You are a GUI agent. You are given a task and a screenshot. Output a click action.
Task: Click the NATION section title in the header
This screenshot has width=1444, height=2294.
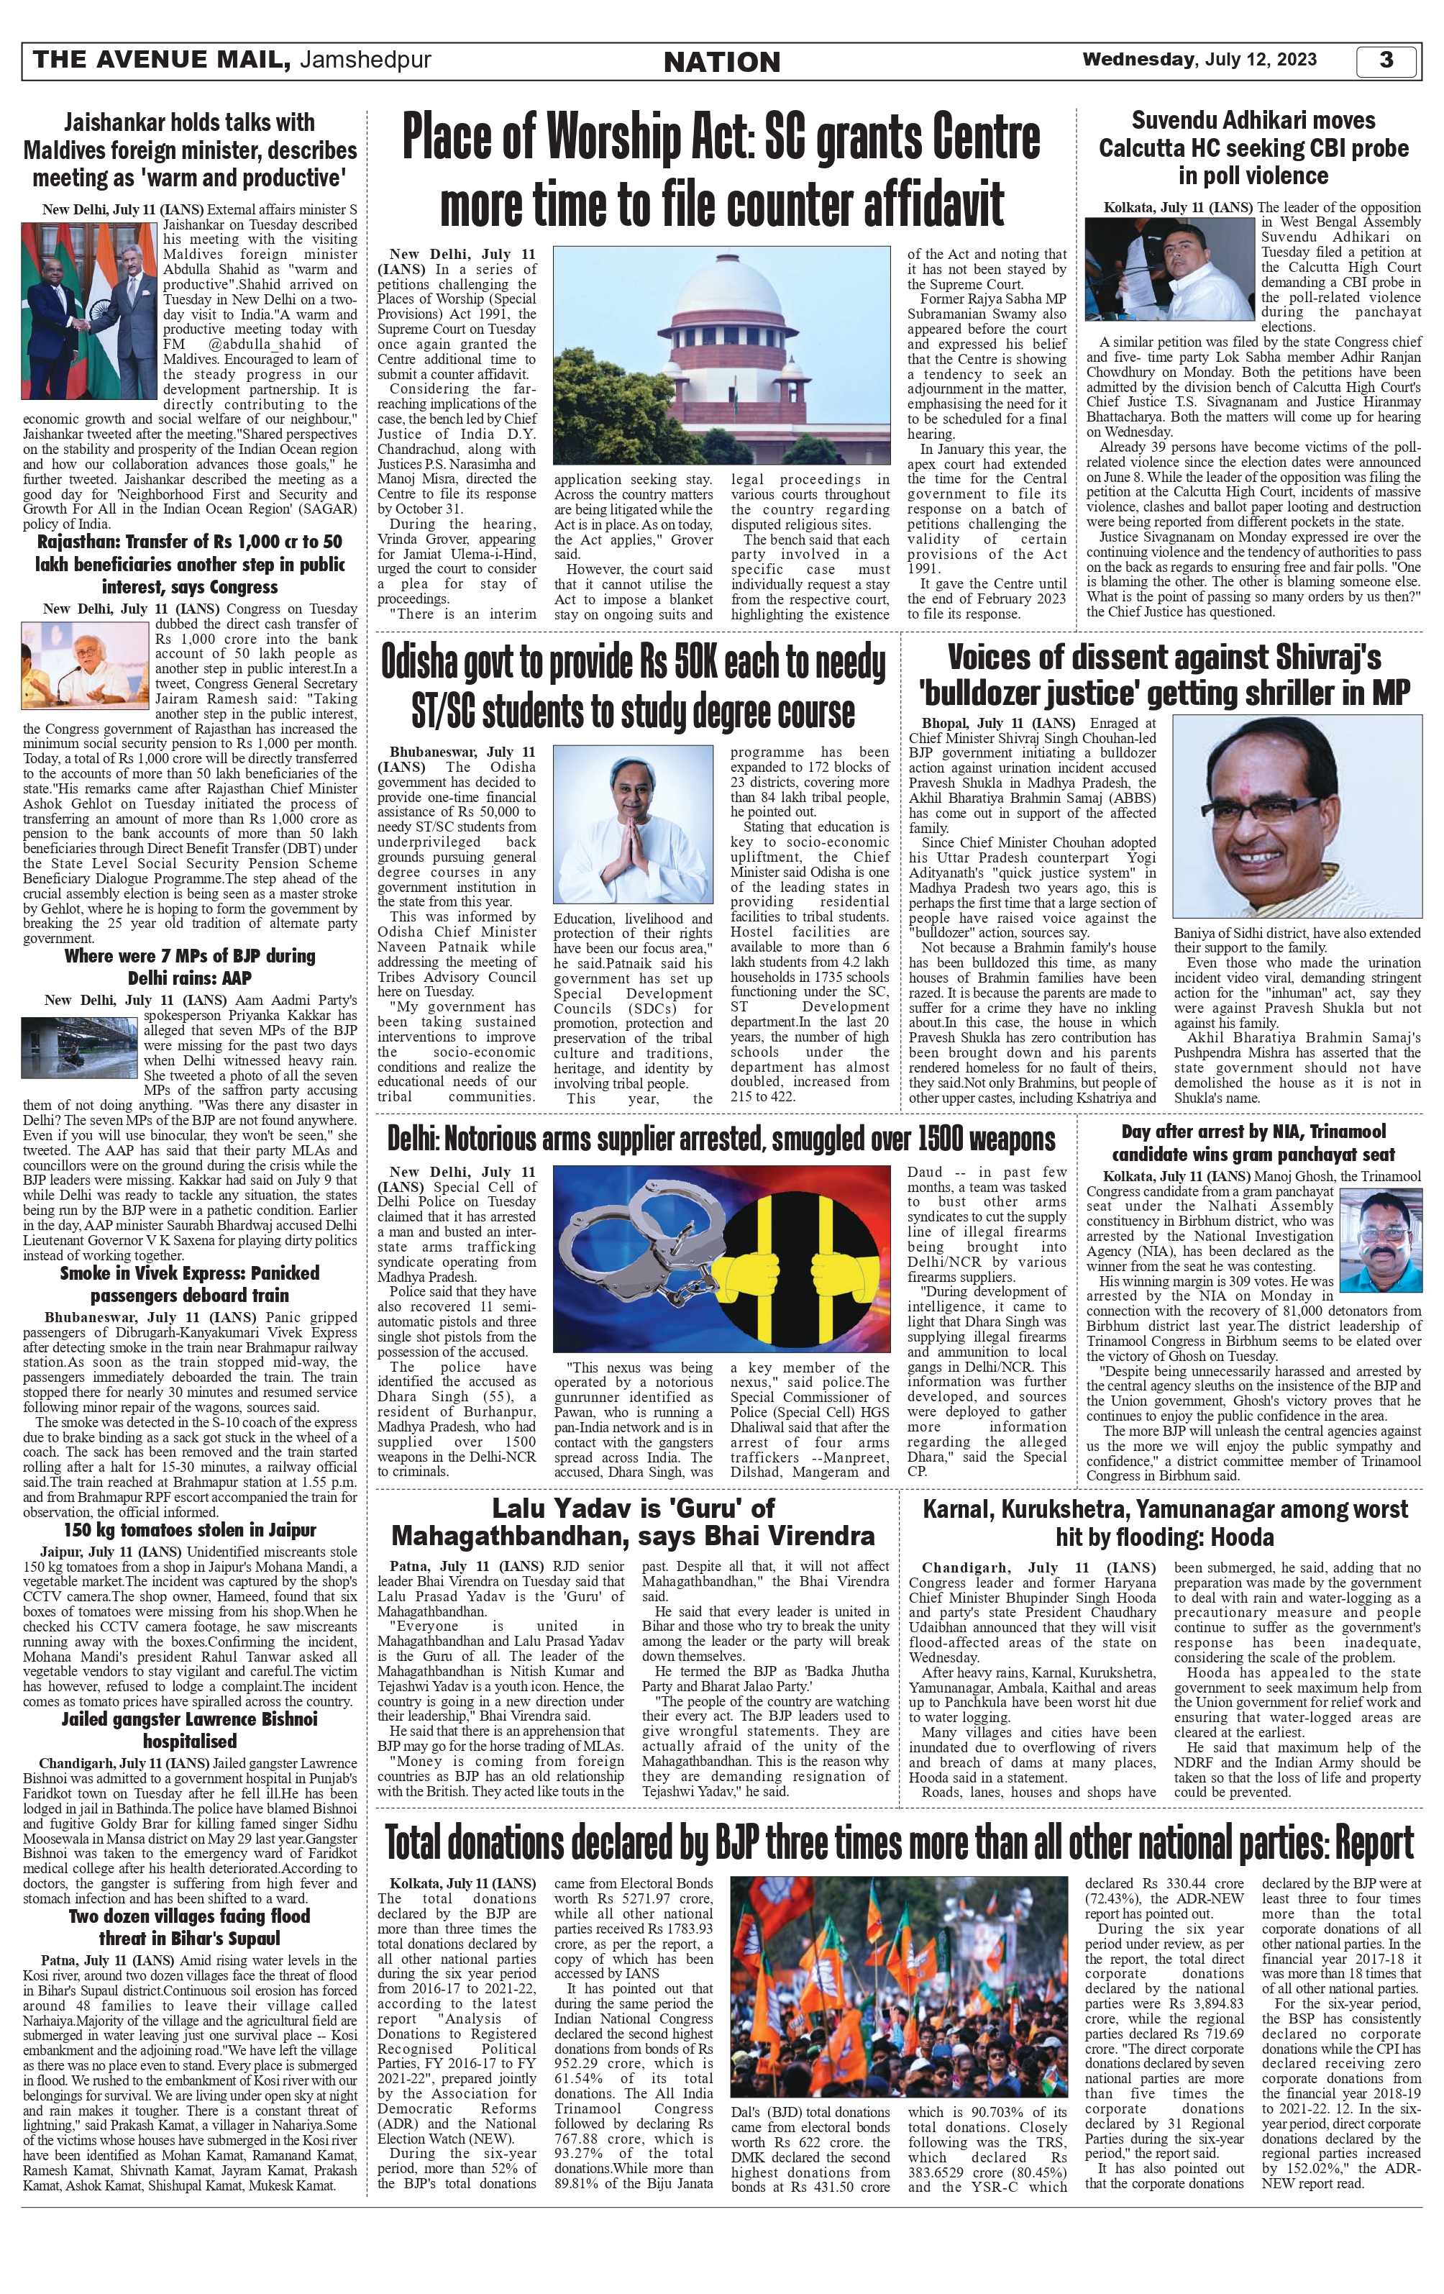[721, 63]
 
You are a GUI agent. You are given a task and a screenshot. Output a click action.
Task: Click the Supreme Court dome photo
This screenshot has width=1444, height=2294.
[721, 355]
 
